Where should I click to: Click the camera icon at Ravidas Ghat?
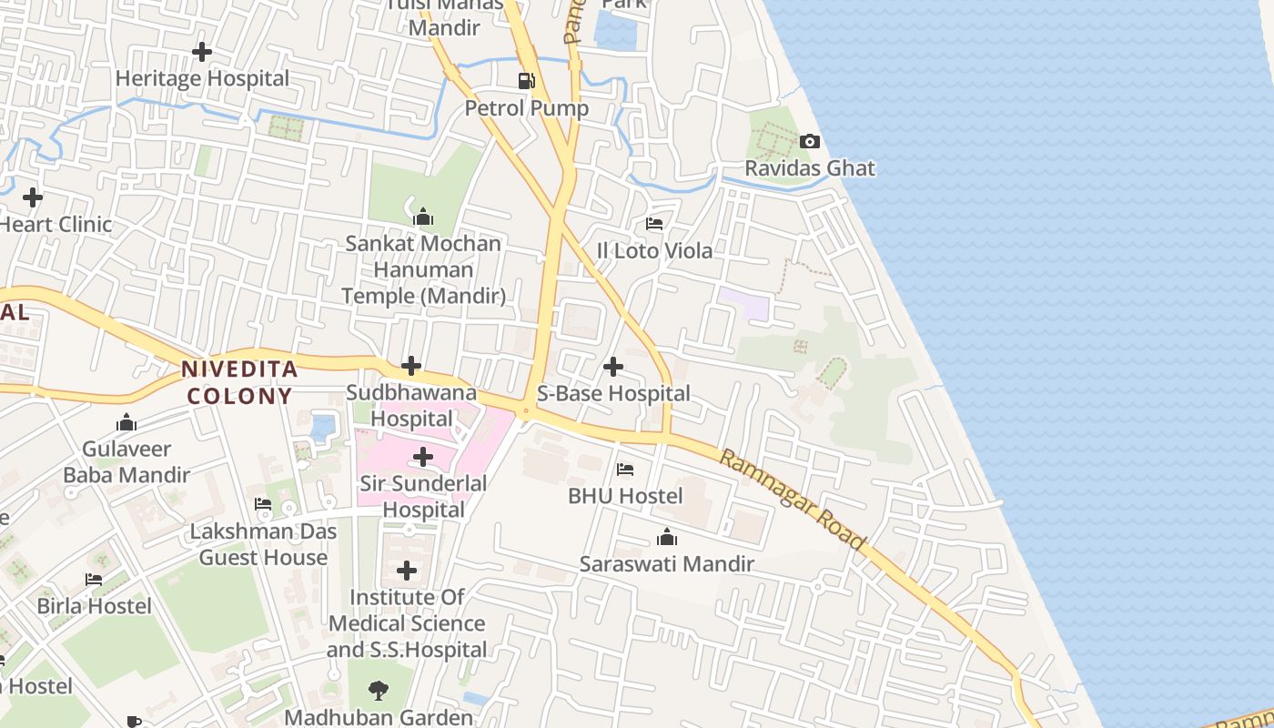click(x=809, y=141)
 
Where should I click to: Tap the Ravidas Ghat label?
click(x=810, y=168)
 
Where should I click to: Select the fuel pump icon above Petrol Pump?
click(x=526, y=81)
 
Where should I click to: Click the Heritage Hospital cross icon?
click(x=202, y=52)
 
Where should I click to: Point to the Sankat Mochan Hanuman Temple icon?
click(x=422, y=217)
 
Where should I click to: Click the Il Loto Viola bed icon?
click(x=653, y=224)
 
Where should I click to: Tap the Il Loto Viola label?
click(x=653, y=250)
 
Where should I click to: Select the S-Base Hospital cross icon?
click(x=613, y=367)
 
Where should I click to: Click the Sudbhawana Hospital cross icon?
click(x=411, y=367)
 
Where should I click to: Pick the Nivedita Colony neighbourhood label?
click(x=239, y=382)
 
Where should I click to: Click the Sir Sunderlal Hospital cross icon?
click(x=423, y=457)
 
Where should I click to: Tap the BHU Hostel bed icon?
click(x=625, y=470)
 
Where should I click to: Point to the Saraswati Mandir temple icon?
click(x=667, y=538)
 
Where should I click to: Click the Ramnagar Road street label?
click(x=793, y=499)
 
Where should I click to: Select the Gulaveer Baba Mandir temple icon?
click(x=126, y=422)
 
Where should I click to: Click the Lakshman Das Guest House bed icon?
click(x=263, y=504)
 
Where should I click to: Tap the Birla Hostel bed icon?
click(x=94, y=579)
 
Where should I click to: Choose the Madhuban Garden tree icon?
click(x=379, y=691)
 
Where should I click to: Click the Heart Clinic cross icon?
click(x=33, y=197)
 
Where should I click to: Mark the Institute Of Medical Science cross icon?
click(x=407, y=571)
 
